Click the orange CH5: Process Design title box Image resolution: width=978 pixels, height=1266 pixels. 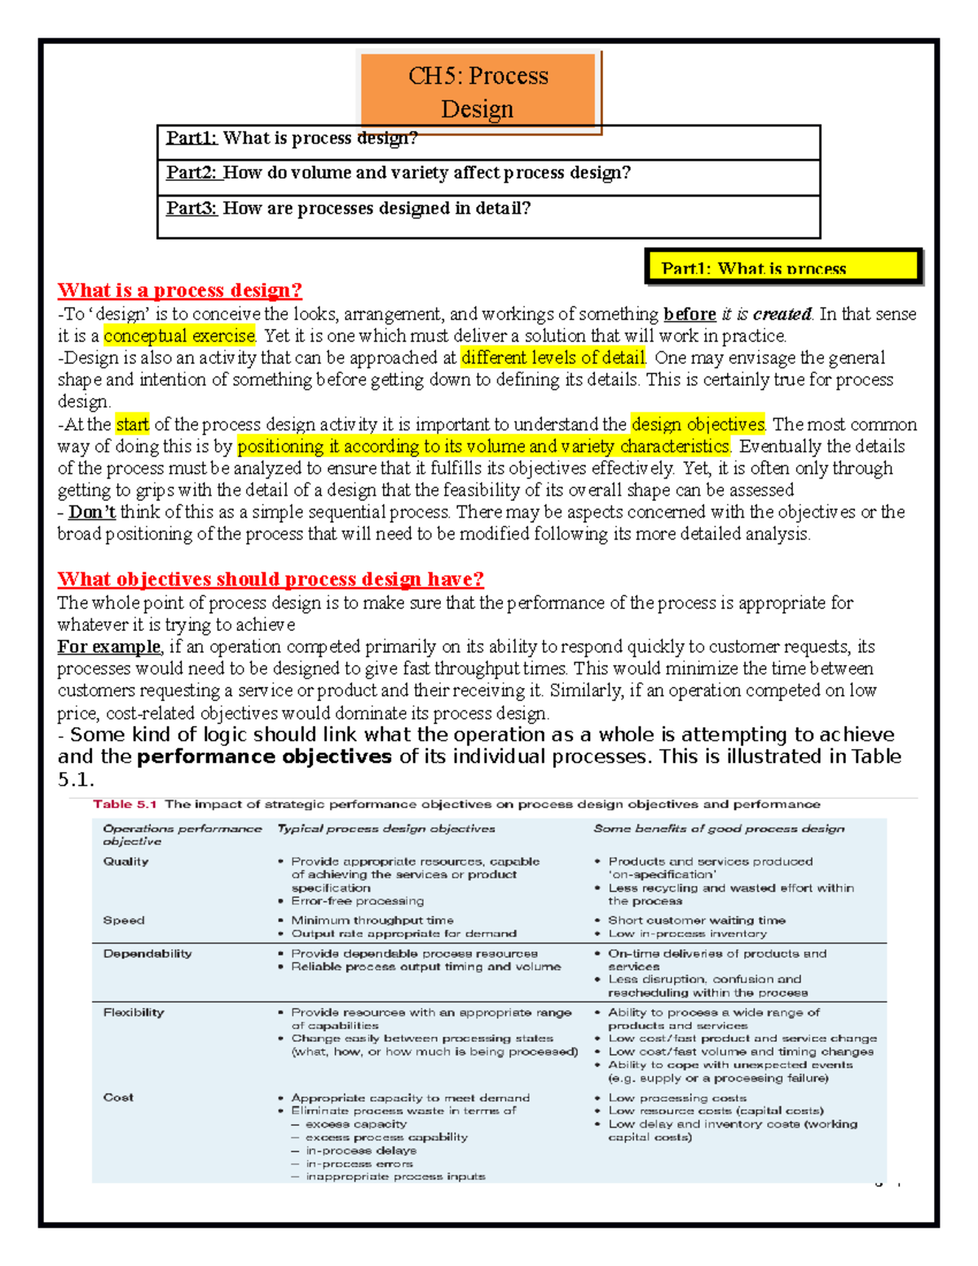point(478,91)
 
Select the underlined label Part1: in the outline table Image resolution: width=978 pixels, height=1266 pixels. point(192,138)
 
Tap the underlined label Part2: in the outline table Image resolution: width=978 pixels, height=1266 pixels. point(192,173)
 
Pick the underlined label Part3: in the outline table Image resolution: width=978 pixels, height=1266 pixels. point(192,209)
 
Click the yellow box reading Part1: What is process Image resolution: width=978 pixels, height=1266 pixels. point(783,267)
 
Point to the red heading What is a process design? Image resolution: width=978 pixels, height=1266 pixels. point(179,290)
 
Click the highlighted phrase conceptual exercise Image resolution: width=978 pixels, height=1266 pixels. point(179,336)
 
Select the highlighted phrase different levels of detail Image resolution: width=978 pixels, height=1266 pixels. point(553,358)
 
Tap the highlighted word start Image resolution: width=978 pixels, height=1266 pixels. point(132,425)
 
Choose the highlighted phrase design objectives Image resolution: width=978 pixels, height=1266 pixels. point(698,425)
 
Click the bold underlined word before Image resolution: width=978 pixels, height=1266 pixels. point(689,315)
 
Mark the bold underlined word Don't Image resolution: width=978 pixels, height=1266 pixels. point(92,512)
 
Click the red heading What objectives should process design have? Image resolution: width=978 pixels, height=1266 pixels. point(271,579)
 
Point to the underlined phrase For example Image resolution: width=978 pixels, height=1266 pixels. point(109,647)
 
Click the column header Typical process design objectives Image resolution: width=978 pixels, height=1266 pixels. point(386,829)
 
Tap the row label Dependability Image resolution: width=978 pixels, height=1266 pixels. point(148,954)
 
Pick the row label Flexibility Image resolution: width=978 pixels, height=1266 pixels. point(134,1012)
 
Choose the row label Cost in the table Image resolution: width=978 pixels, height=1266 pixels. point(118,1098)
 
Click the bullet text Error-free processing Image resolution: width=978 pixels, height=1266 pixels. point(358,902)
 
